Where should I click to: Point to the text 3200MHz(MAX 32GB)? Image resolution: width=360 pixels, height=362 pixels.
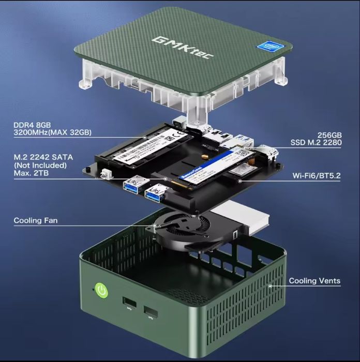click(x=53, y=133)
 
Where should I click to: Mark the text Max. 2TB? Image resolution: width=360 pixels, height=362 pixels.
click(x=32, y=173)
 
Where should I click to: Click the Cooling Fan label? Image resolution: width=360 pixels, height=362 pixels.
click(x=36, y=221)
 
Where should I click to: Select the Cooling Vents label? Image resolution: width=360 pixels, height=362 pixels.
click(x=314, y=281)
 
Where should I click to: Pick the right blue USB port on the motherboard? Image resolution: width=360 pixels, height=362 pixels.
click(x=154, y=193)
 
